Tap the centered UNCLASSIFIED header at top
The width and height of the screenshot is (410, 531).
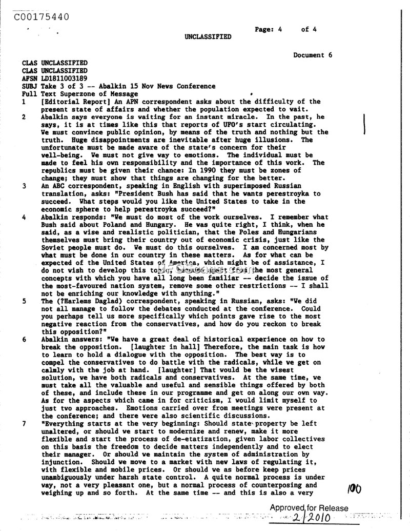click(x=208, y=37)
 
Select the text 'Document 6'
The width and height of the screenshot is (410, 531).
click(x=313, y=55)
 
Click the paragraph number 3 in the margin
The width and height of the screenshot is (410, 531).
click(x=24, y=186)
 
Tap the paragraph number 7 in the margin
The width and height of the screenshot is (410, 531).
click(x=24, y=424)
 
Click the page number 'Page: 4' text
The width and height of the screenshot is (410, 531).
click(x=269, y=29)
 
